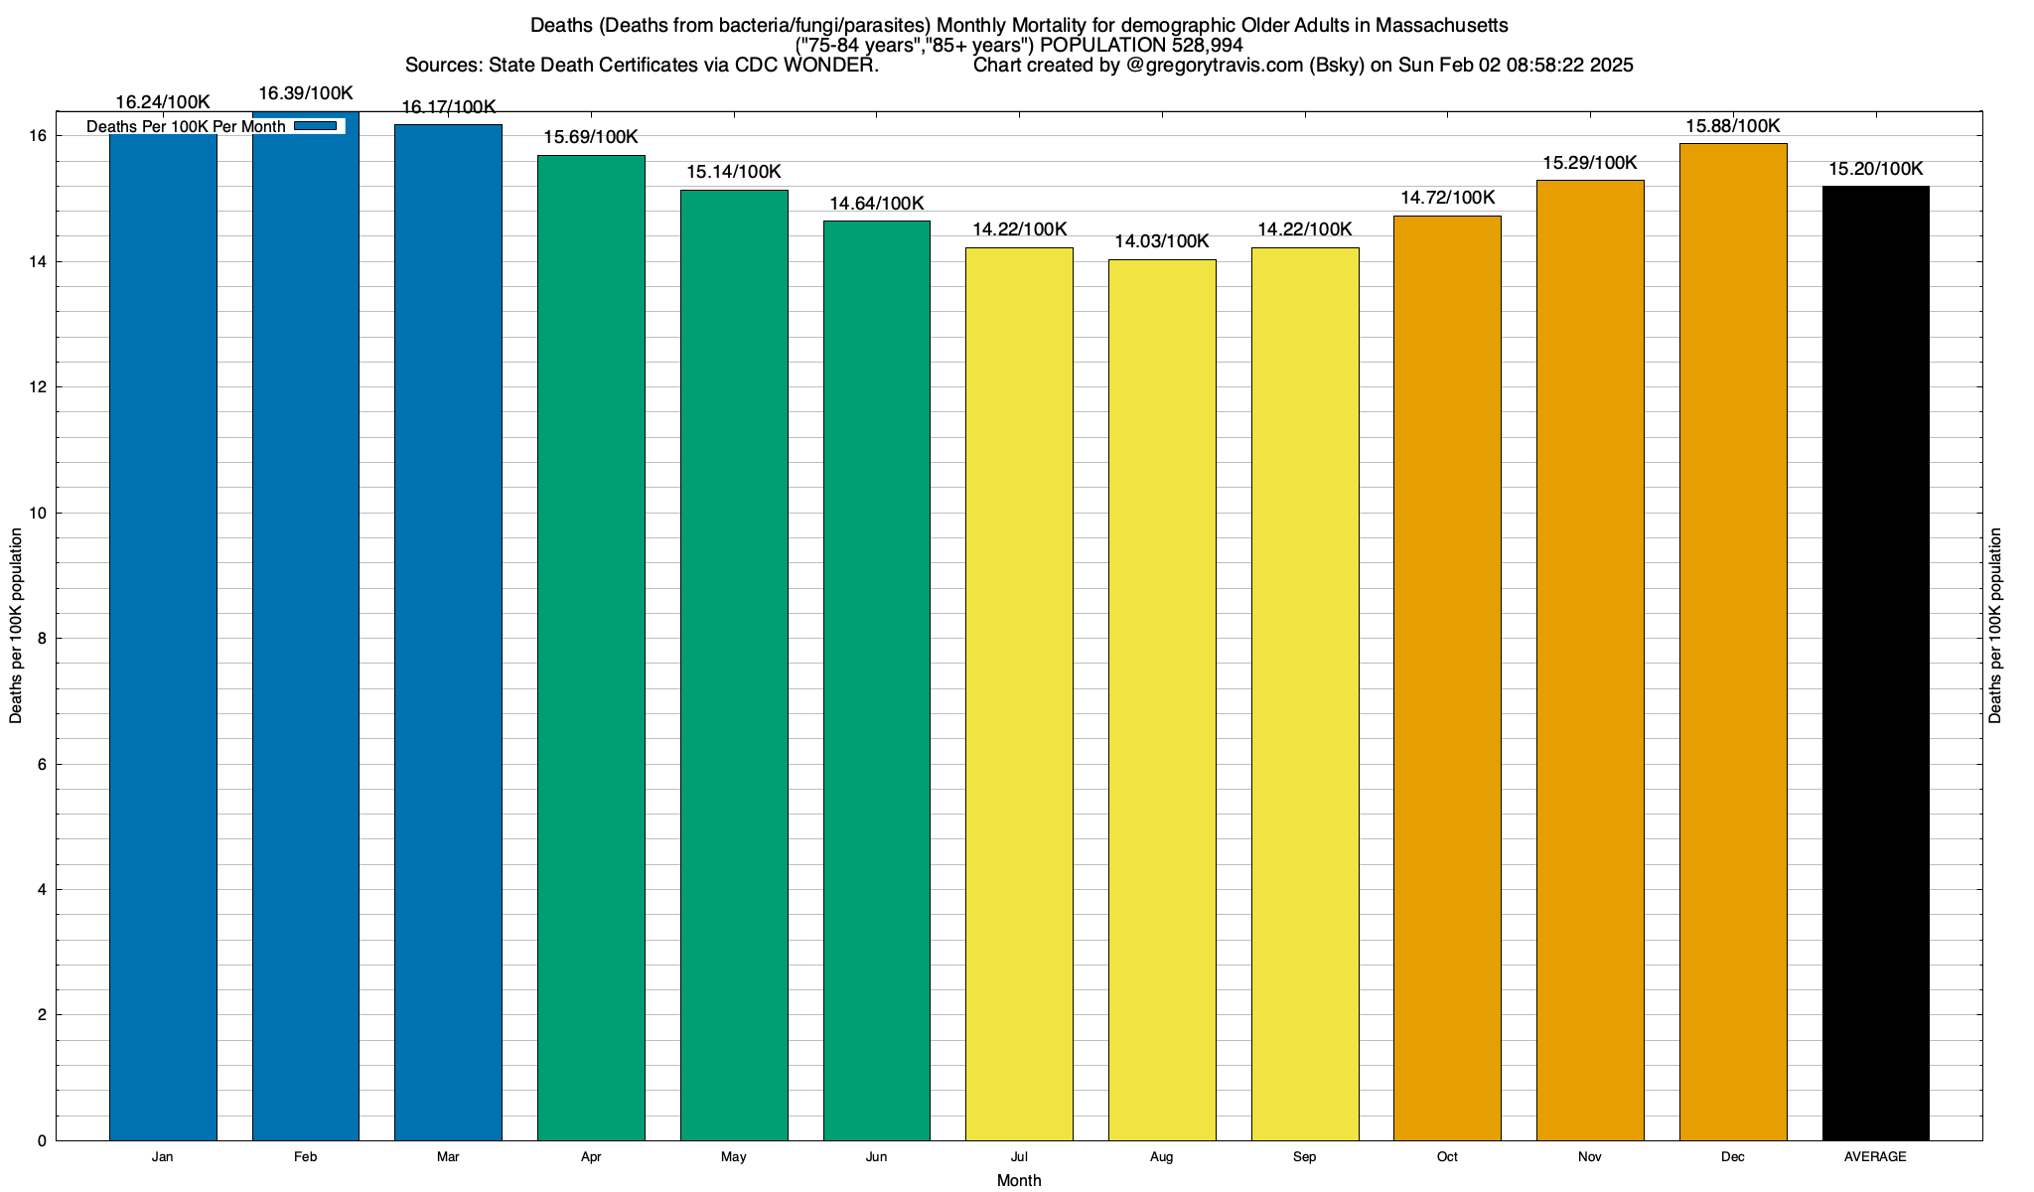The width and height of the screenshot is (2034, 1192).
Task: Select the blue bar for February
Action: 306,636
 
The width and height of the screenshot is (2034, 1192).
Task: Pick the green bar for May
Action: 734,665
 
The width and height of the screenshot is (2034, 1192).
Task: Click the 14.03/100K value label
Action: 1162,241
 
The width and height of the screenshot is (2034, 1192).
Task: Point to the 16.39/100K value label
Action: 306,93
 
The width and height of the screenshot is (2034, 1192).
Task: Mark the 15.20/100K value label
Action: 1875,169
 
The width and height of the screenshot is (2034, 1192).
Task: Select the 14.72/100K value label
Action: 1447,198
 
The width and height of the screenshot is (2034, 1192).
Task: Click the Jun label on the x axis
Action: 876,1157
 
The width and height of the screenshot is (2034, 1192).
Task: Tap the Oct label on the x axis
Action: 1447,1157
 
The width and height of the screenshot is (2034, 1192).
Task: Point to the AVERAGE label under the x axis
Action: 1875,1157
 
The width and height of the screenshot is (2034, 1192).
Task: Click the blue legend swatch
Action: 315,126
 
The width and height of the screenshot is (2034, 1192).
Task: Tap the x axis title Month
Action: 1019,1180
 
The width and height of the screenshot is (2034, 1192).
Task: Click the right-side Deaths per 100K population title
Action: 1996,626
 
